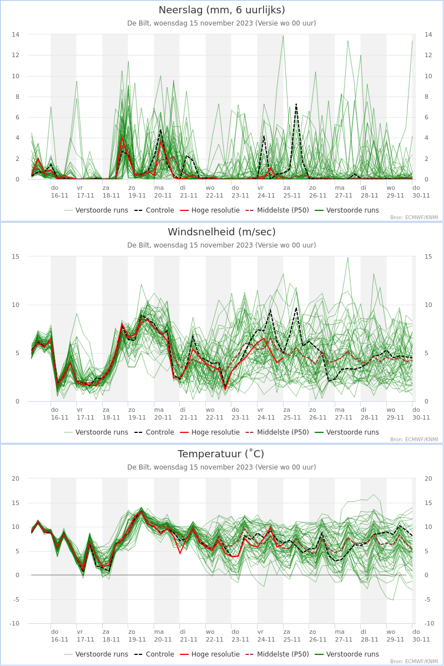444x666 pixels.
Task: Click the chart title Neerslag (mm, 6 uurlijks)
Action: pyautogui.click(x=221, y=10)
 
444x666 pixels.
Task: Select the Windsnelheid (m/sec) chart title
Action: pyautogui.click(x=221, y=232)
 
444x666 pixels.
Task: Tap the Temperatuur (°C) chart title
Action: pyautogui.click(x=221, y=454)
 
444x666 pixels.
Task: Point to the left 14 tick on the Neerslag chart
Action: pyautogui.click(x=16, y=34)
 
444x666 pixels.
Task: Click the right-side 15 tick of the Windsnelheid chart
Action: pyautogui.click(x=428, y=256)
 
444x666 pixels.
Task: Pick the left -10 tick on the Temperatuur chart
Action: pyautogui.click(x=14, y=623)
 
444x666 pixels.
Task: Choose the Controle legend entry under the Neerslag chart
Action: pyautogui.click(x=154, y=210)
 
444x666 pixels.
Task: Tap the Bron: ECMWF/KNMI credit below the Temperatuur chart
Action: pyautogui.click(x=414, y=662)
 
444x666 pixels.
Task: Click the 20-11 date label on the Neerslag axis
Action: pyautogui.click(x=163, y=195)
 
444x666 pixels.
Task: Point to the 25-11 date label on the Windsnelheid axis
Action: pyautogui.click(x=292, y=417)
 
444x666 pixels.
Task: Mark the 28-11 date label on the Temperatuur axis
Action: pyautogui.click(x=370, y=639)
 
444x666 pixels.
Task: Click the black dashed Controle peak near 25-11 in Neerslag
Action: pyautogui.click(x=296, y=104)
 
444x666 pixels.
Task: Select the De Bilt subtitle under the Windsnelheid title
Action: pyautogui.click(x=221, y=245)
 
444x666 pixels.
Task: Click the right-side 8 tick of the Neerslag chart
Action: pyautogui.click(x=427, y=97)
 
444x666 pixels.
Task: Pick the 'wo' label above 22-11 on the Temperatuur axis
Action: pyautogui.click(x=210, y=632)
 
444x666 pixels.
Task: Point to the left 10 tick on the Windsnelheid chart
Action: pyautogui.click(x=16, y=305)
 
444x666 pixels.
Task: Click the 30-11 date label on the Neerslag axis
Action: pyautogui.click(x=421, y=195)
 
